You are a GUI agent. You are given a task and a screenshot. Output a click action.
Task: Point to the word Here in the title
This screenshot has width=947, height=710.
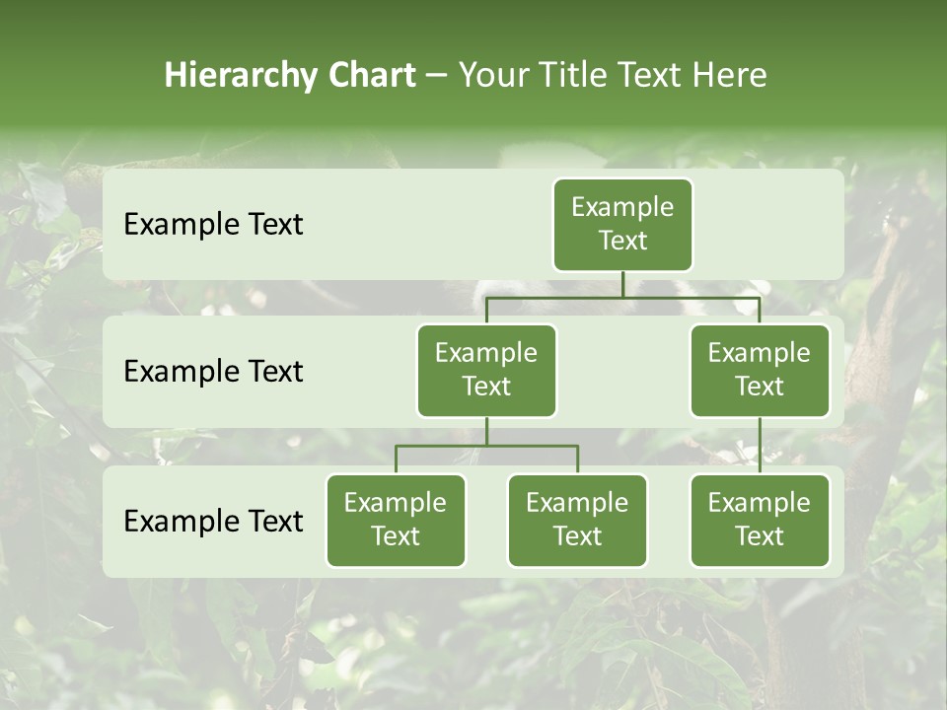coord(729,76)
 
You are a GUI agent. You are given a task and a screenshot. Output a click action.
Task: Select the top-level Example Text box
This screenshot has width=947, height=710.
coord(622,225)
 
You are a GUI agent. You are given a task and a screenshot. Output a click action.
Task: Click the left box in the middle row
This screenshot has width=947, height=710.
coord(486,371)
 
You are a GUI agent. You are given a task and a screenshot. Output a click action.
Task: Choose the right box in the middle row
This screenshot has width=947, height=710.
coord(760,371)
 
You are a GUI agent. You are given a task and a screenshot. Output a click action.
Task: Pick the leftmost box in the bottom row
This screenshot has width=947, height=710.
coord(396,521)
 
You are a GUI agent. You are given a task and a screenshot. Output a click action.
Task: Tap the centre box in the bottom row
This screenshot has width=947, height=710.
coord(577,521)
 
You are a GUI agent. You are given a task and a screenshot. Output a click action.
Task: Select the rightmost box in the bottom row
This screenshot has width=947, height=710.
coord(760,521)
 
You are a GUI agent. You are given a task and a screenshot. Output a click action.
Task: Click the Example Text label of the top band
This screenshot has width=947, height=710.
coord(213,225)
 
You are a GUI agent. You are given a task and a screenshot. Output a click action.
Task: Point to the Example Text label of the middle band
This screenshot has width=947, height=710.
coord(213,372)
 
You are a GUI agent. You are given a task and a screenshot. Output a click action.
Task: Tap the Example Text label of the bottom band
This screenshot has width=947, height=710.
coord(213,521)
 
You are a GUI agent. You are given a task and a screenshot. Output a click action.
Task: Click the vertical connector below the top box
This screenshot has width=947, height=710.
coord(622,284)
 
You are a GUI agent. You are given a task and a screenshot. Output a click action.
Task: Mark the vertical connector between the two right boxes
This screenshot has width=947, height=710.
coord(760,446)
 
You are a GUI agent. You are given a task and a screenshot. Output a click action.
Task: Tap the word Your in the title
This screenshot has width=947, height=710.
coord(492,76)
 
